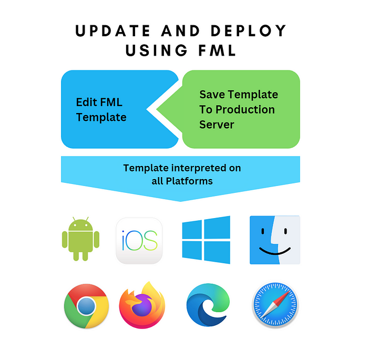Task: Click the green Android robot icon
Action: pos(80,240)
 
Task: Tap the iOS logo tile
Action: pos(139,240)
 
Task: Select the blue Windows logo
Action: pos(206,239)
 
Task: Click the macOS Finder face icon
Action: pos(274,240)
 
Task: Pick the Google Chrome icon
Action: pos(86,306)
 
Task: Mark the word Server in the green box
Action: pos(217,125)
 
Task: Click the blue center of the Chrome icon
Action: pos(86,306)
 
